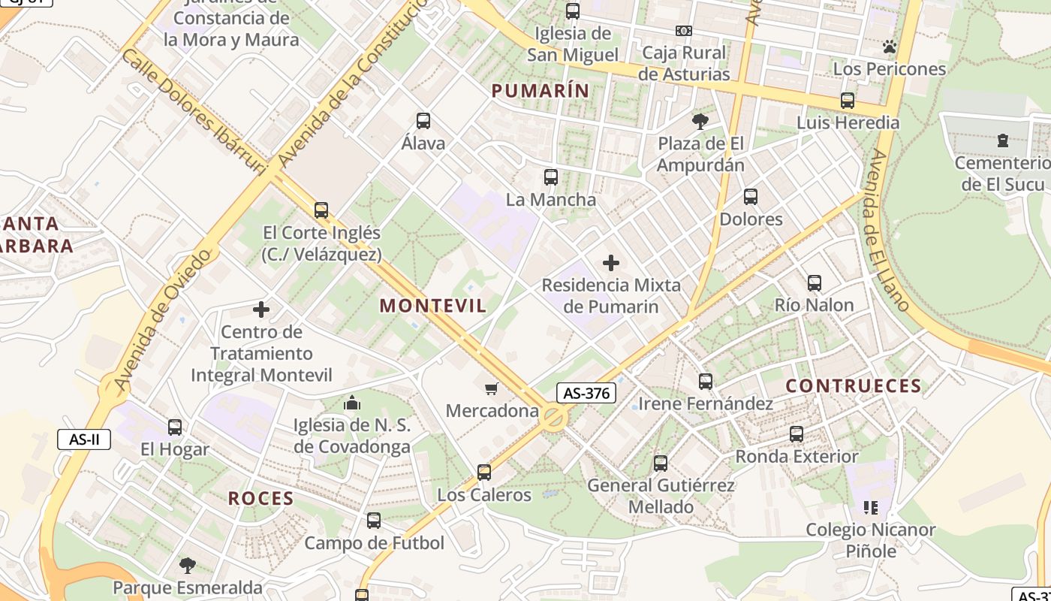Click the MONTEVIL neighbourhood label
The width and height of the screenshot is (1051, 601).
pyautogui.click(x=433, y=306)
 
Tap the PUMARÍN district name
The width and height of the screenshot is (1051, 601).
pyautogui.click(x=540, y=91)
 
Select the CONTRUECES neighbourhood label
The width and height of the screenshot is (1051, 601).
pyautogui.click(x=854, y=386)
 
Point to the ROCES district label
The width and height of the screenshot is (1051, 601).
pyautogui.click(x=260, y=498)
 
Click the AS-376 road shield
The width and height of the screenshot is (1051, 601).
pyautogui.click(x=586, y=393)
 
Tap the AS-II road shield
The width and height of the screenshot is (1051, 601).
pyautogui.click(x=84, y=439)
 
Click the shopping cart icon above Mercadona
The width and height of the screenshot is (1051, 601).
pyautogui.click(x=492, y=388)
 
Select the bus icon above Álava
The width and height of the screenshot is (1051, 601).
pyautogui.click(x=423, y=120)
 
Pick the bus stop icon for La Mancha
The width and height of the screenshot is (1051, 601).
pyautogui.click(x=551, y=177)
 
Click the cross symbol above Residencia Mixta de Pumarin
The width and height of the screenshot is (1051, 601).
pyautogui.click(x=611, y=263)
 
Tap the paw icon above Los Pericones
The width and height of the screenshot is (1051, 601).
pyautogui.click(x=890, y=47)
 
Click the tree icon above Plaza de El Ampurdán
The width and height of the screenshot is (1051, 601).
pyautogui.click(x=700, y=121)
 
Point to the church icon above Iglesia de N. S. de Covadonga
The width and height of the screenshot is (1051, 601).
pyautogui.click(x=352, y=403)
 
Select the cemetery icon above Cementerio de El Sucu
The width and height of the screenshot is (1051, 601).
pyautogui.click(x=1002, y=140)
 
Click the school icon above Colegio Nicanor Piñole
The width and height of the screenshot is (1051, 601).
pyautogui.click(x=871, y=508)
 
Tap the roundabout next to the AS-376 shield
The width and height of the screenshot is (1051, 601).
pyautogui.click(x=554, y=418)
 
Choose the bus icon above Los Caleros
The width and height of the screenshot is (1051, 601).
pyautogui.click(x=484, y=473)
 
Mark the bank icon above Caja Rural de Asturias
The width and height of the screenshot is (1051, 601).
pyautogui.click(x=683, y=31)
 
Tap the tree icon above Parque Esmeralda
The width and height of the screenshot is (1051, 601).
pyautogui.click(x=188, y=565)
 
